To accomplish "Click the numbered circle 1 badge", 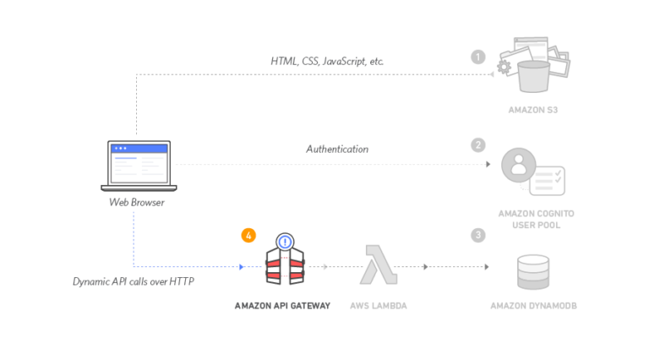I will pos(478,57).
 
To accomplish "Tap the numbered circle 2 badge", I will pos(478,145).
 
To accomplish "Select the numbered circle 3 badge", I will pos(478,234).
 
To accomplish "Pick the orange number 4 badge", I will pos(248,235).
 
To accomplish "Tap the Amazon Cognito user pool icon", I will pos(532,168).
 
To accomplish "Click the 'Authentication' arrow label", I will pos(336,149).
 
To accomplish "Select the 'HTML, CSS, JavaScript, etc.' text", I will pos(327,61).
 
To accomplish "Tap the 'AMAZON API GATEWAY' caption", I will pos(282,305).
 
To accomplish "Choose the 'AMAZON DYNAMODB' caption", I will pos(532,305).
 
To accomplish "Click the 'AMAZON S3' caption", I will pos(532,111).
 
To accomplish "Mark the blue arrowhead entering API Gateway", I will pos(243,267).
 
